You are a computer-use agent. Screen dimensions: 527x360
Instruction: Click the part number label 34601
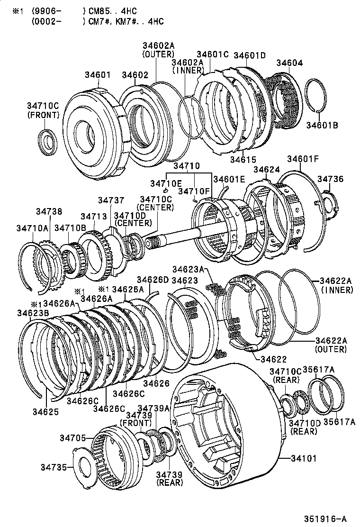[98, 75]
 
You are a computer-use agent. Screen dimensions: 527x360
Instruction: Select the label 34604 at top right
[289, 63]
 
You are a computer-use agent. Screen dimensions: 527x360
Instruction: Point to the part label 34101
[303, 458]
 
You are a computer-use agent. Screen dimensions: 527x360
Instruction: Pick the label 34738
[49, 211]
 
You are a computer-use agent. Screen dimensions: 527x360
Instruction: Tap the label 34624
[266, 169]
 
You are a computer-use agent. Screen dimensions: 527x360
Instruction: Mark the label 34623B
[32, 312]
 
